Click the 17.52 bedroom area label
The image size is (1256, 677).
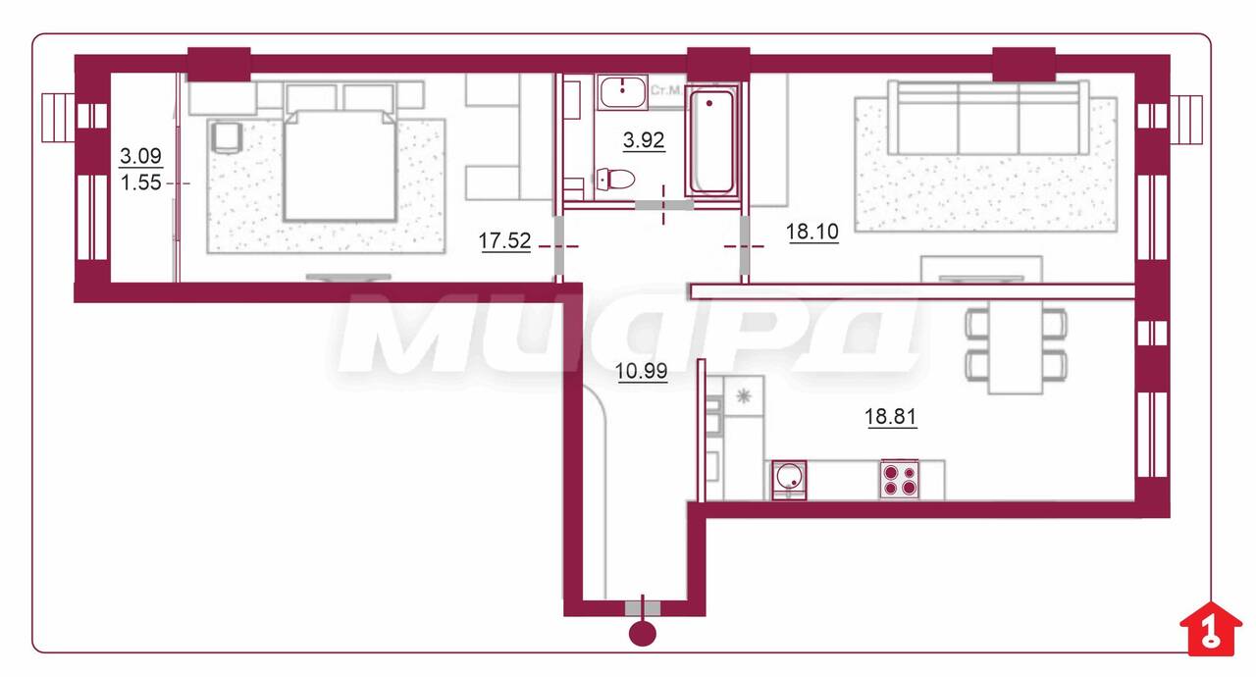pyautogui.click(x=504, y=241)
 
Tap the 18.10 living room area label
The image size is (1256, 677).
pyautogui.click(x=811, y=231)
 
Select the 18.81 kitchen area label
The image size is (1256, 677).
pyautogui.click(x=890, y=416)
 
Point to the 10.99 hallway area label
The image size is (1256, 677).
pyautogui.click(x=642, y=371)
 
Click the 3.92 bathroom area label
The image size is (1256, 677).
pyautogui.click(x=644, y=139)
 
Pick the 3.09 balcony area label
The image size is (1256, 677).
pyautogui.click(x=140, y=155)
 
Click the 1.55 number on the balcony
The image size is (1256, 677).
pyautogui.click(x=140, y=182)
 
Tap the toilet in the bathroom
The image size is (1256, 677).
pyautogui.click(x=614, y=180)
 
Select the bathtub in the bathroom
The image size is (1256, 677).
pyautogui.click(x=711, y=142)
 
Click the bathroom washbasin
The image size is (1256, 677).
pyautogui.click(x=622, y=92)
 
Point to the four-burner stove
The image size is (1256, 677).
pyautogui.click(x=900, y=479)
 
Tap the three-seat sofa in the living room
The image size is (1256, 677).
pyautogui.click(x=987, y=119)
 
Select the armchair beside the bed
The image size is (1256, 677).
pyautogui.click(x=227, y=136)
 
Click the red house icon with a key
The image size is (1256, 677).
pyautogui.click(x=1211, y=628)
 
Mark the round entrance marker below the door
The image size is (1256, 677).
pyautogui.click(x=643, y=634)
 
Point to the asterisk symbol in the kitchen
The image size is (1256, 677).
pyautogui.click(x=744, y=396)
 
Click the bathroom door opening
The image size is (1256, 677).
pyautogui.click(x=663, y=205)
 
